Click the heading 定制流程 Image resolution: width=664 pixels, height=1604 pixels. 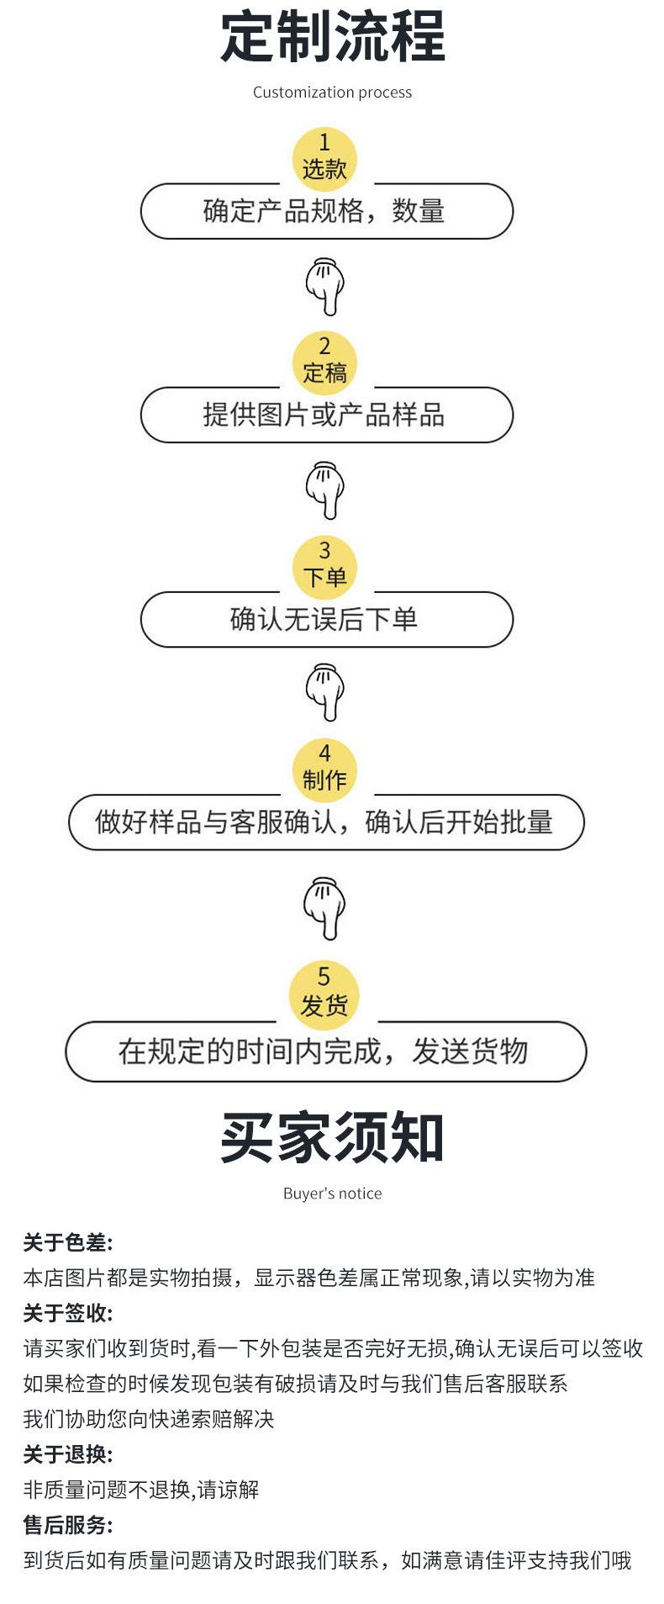[x=332, y=37]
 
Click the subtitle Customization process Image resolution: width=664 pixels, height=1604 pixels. [x=332, y=93]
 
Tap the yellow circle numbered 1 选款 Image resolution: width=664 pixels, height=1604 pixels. [x=324, y=158]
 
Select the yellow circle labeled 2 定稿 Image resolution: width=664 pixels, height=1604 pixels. [x=324, y=363]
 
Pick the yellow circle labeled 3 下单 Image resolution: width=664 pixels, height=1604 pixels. [x=324, y=567]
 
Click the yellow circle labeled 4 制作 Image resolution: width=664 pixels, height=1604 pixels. [x=324, y=770]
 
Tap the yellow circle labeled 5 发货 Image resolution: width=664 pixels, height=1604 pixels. [x=324, y=995]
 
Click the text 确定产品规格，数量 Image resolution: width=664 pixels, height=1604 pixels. [x=324, y=211]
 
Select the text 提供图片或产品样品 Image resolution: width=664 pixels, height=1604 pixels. [x=324, y=415]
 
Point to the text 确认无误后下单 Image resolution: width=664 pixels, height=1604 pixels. [x=324, y=619]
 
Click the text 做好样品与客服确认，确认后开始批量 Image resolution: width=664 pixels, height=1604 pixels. [x=324, y=822]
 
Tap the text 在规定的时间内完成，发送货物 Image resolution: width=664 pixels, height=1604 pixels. [x=324, y=1051]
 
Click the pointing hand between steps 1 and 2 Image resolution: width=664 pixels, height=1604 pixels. [x=324, y=287]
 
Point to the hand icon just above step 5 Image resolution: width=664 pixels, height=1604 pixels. [x=324, y=908]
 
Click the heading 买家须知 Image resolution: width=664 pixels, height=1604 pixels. [x=332, y=1137]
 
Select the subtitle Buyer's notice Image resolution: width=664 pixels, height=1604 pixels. [x=332, y=1194]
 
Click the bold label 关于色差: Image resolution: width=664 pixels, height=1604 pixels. [x=68, y=1242]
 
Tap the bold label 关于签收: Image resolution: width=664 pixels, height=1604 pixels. [x=68, y=1313]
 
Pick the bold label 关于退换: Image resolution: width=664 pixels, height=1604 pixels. [x=68, y=1454]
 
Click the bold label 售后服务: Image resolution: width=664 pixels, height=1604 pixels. [x=68, y=1525]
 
